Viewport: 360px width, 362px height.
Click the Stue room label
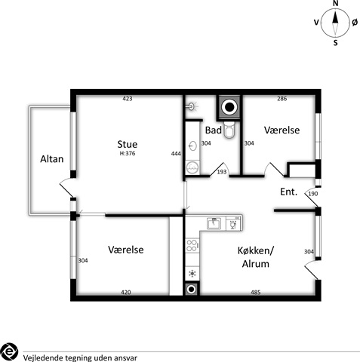128,144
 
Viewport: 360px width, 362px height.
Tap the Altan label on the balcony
52,159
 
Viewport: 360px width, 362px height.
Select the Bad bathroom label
214,130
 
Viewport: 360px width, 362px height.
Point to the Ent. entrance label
289,192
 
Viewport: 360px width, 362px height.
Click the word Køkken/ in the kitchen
256,250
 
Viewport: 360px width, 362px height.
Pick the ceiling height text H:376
128,153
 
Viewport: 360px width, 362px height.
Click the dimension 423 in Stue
128,99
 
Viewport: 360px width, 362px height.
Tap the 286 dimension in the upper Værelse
282,99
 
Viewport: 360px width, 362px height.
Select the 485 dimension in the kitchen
256,292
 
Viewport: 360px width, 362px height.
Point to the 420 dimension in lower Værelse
126,292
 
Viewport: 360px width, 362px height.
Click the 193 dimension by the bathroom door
222,172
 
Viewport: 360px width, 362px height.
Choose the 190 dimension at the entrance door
313,194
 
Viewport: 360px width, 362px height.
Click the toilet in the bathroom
229,130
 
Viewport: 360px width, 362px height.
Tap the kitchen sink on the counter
214,223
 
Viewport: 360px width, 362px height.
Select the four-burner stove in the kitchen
192,246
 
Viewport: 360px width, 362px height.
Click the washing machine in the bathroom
192,167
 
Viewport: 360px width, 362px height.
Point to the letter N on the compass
335,3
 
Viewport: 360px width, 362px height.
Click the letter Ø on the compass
355,23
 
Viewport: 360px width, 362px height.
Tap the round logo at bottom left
9,351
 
